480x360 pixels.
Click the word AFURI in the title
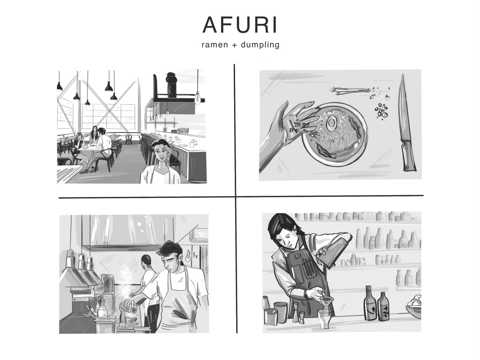pos(240,25)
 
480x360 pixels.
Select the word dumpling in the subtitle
pos(260,45)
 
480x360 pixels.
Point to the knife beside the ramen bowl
pos(406,123)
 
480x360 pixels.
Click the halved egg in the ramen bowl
pos(331,123)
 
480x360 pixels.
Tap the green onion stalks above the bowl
pos(350,90)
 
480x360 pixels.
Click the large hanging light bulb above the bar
pos(197,98)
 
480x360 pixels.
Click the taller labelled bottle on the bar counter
pos(370,303)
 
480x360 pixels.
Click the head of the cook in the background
pos(146,261)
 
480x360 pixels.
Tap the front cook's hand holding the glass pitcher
pos(131,303)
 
